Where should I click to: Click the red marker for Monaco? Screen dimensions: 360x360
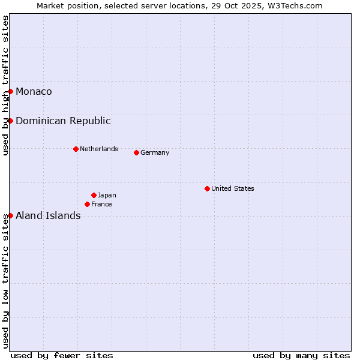(x=11, y=91)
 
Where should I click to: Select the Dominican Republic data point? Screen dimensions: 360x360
(x=11, y=121)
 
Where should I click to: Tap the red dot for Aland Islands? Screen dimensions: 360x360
(x=11, y=215)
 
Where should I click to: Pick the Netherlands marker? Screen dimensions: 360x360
(x=76, y=149)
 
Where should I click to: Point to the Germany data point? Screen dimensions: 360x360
(x=136, y=152)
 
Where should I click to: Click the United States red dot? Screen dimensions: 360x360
(x=207, y=188)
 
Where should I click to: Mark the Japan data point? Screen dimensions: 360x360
(x=94, y=195)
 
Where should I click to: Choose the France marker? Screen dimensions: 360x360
(x=87, y=204)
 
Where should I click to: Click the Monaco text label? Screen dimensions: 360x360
(x=34, y=91)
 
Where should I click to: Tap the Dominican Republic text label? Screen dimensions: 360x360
(x=63, y=121)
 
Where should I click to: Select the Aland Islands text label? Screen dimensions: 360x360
(x=48, y=215)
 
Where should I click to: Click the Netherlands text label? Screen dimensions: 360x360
(x=99, y=149)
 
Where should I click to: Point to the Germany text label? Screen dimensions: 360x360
(x=155, y=152)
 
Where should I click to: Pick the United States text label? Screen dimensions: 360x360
(x=233, y=188)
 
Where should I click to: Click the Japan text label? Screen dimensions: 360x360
(x=107, y=195)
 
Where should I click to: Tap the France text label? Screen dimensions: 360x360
(x=101, y=204)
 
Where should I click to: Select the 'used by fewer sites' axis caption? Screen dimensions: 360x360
(x=62, y=355)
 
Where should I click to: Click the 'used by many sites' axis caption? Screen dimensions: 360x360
(x=301, y=355)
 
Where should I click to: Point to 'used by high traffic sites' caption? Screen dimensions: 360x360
(x=5, y=85)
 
